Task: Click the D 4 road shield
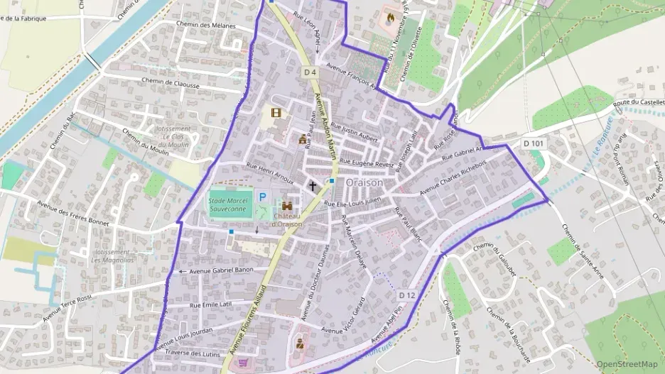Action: [310, 72]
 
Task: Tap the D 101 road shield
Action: [534, 143]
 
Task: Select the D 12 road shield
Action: [406, 295]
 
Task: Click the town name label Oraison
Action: [364, 183]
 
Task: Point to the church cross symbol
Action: [312, 185]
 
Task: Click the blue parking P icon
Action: [262, 197]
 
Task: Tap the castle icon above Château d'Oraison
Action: [288, 205]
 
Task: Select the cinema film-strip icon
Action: [276, 112]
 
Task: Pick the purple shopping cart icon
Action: [244, 363]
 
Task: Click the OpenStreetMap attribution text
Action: [627, 364]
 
